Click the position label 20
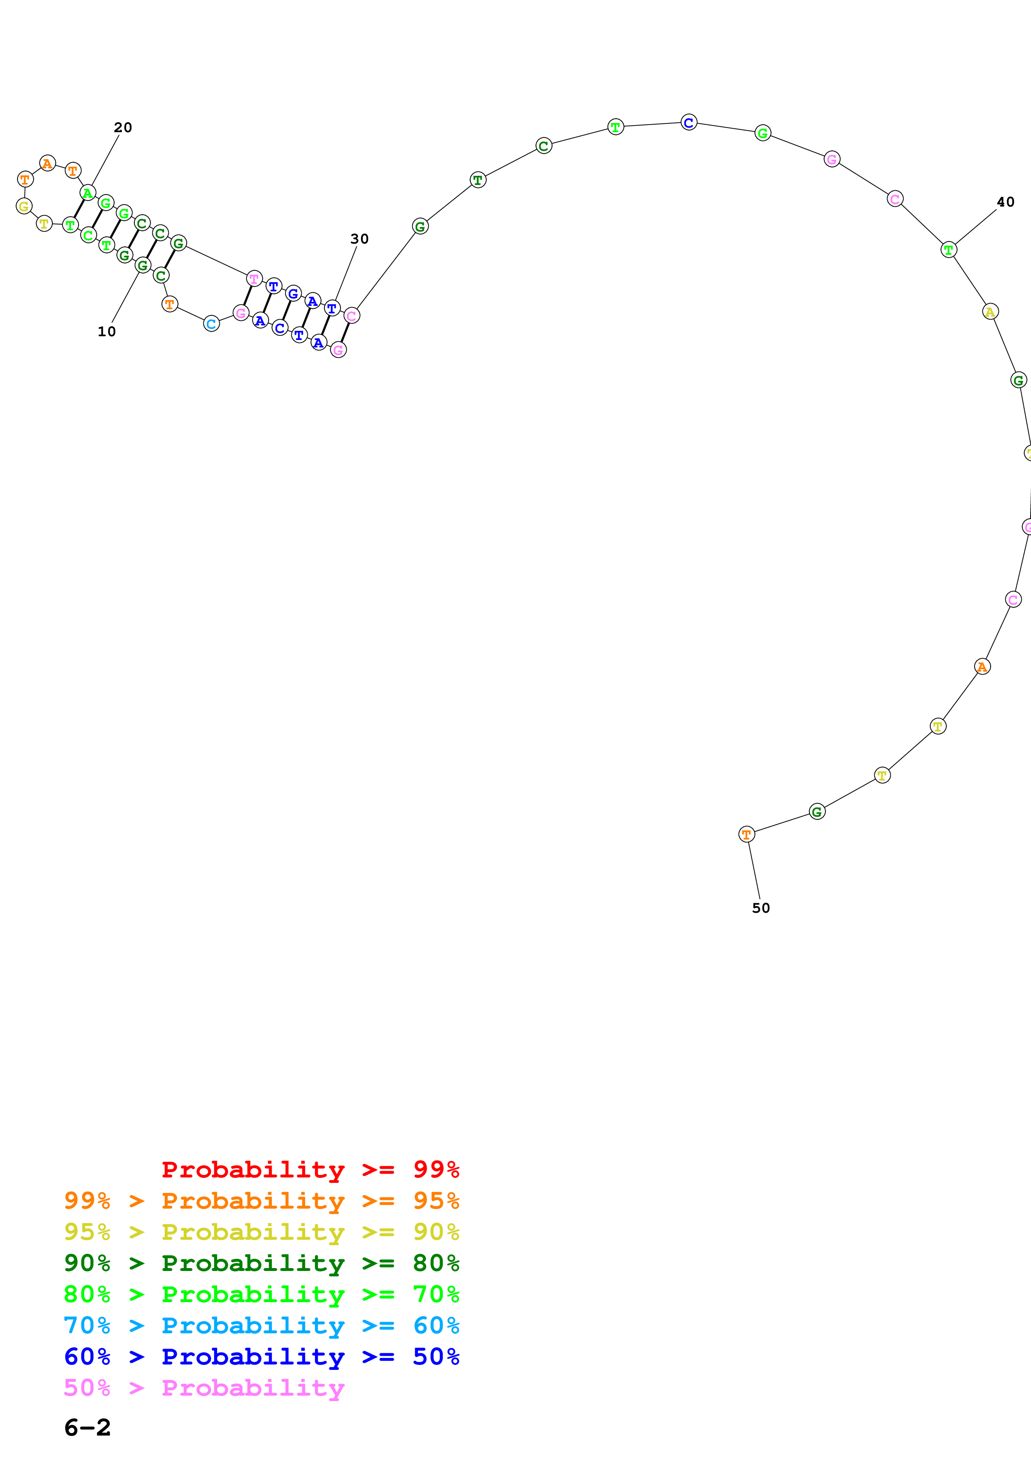[123, 128]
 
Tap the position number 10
[107, 332]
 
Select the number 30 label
[360, 239]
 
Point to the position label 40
[1006, 202]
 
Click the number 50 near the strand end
[761, 908]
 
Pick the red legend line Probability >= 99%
[310, 1169]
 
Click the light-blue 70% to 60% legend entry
[261, 1325]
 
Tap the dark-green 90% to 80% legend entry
[261, 1263]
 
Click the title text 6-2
[88, 1428]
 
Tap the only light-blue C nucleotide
[212, 324]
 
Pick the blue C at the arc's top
[689, 122]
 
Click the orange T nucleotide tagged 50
[747, 835]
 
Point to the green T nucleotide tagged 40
[948, 249]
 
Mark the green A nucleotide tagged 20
[88, 192]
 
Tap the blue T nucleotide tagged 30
[331, 308]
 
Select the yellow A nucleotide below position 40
[990, 312]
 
